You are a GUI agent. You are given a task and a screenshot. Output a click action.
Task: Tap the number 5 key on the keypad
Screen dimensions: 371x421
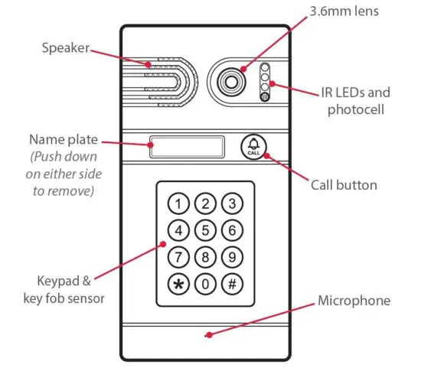coord(205,230)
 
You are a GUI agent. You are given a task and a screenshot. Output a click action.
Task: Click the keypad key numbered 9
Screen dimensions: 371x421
coord(231,257)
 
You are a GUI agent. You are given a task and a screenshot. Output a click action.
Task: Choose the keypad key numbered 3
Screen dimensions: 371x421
coord(231,203)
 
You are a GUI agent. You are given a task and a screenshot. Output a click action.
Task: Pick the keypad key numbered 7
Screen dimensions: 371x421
coord(178,257)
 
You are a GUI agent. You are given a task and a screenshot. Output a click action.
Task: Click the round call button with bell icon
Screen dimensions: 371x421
coord(254,146)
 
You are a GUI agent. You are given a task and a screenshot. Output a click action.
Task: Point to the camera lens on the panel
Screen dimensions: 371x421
coord(230,80)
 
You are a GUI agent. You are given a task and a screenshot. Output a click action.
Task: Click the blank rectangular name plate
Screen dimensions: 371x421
coord(188,147)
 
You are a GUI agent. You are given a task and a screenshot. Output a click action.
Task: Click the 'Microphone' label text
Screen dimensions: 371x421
coord(354,301)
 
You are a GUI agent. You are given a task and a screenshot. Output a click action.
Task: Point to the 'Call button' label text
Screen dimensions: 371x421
coord(344,185)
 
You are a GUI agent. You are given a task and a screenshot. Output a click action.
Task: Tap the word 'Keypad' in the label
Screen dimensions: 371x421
coord(55,279)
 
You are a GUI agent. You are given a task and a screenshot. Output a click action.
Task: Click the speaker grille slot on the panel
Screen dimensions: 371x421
coord(161,79)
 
